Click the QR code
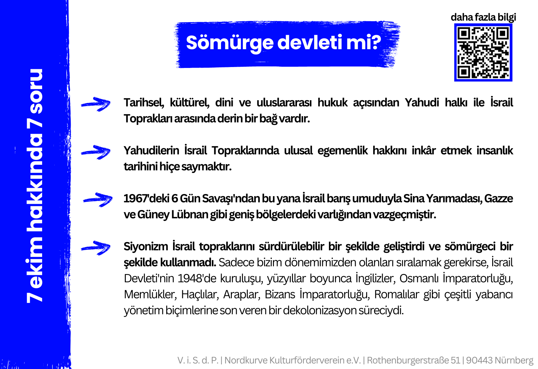point(483,53)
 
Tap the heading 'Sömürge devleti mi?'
point(283,42)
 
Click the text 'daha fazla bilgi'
point(483,17)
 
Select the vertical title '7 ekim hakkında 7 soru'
point(35,186)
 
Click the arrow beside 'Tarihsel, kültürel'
point(96,104)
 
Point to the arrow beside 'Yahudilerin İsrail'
point(96,152)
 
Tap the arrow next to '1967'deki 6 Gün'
point(98,200)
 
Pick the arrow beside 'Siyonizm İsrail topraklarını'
point(96,248)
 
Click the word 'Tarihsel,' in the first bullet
point(144,103)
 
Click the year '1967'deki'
point(146,199)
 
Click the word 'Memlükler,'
point(150,295)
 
